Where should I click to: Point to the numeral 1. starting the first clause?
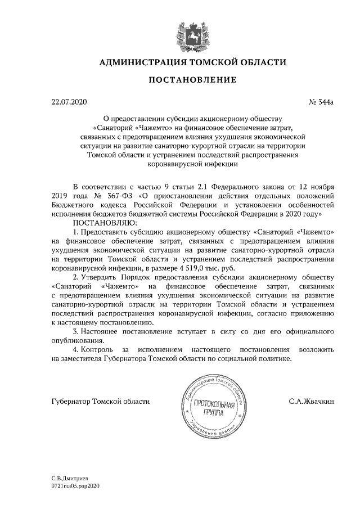(x=76, y=232)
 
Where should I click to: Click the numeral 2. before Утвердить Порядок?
(x=76, y=278)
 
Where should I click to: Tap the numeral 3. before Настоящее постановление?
(x=76, y=332)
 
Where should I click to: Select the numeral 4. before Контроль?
(x=76, y=350)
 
